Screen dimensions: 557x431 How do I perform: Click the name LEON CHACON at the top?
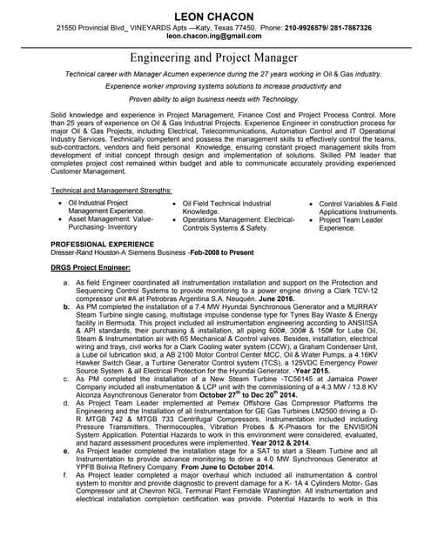click(x=215, y=17)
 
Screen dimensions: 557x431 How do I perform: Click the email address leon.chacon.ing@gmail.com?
click(x=215, y=38)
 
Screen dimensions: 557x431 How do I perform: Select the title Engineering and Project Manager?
click(x=215, y=57)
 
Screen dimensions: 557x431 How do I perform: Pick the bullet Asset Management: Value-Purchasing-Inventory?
click(x=111, y=224)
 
